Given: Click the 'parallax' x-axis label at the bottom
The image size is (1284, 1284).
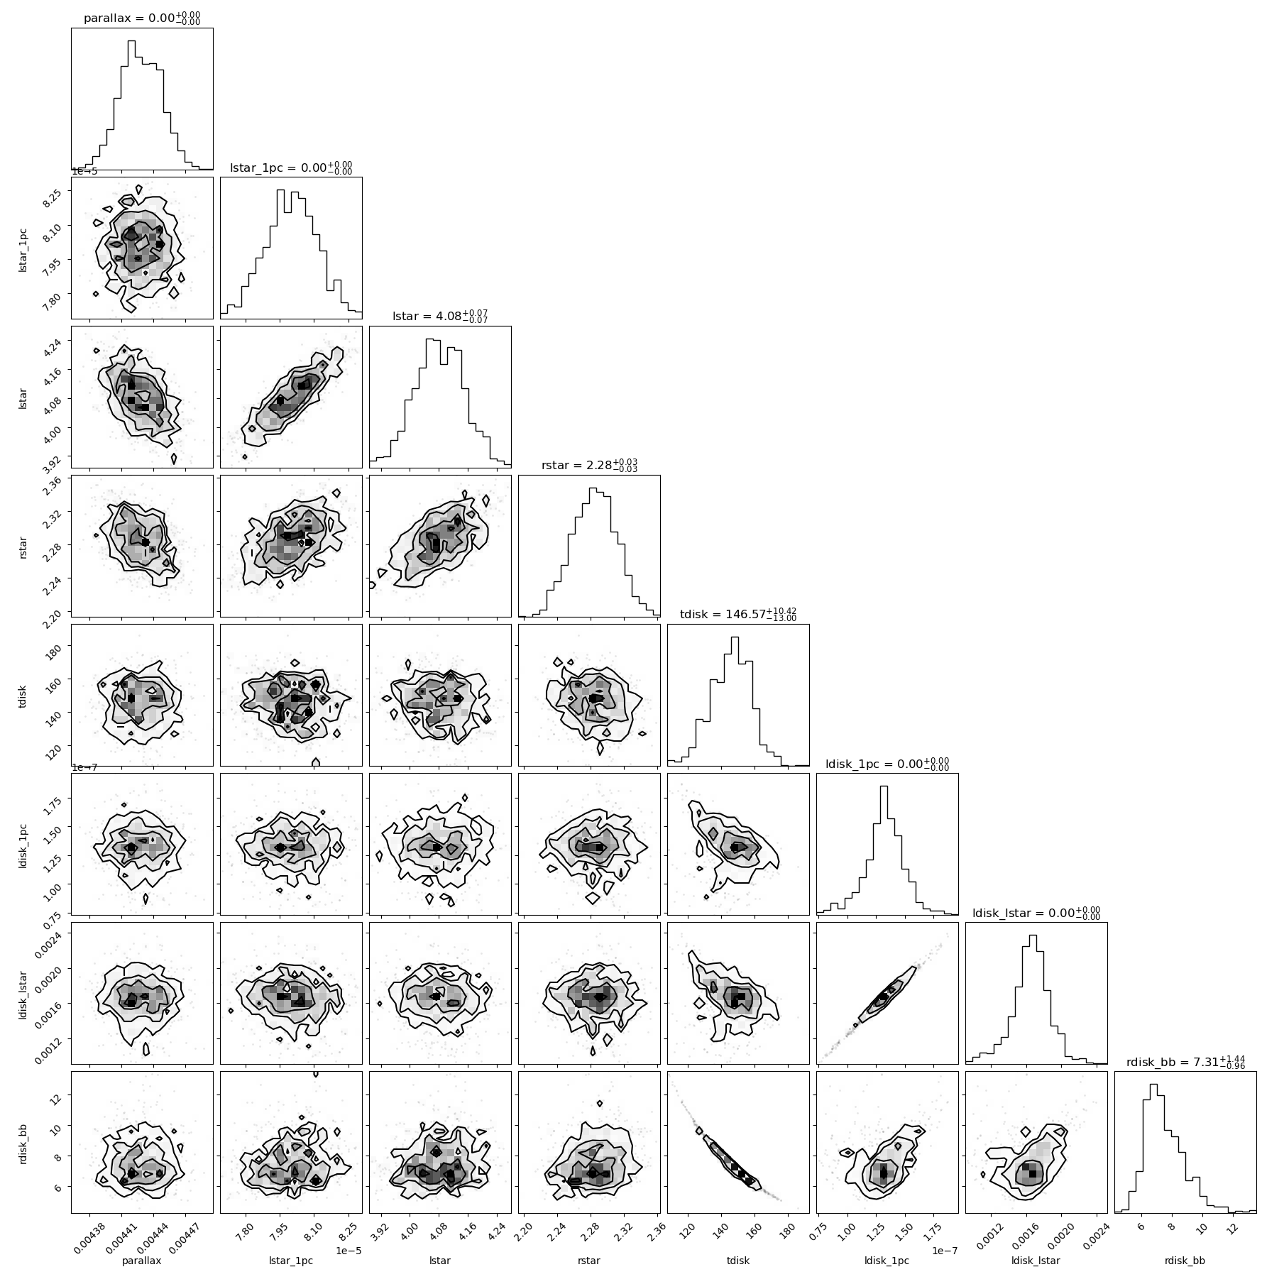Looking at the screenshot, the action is tap(142, 1261).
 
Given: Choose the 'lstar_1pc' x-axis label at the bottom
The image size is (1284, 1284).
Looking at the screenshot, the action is tap(291, 1261).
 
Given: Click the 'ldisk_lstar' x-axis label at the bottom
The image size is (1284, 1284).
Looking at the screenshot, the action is tap(1036, 1261).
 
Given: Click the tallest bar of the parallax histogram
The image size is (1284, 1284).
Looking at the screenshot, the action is tap(131, 104).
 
